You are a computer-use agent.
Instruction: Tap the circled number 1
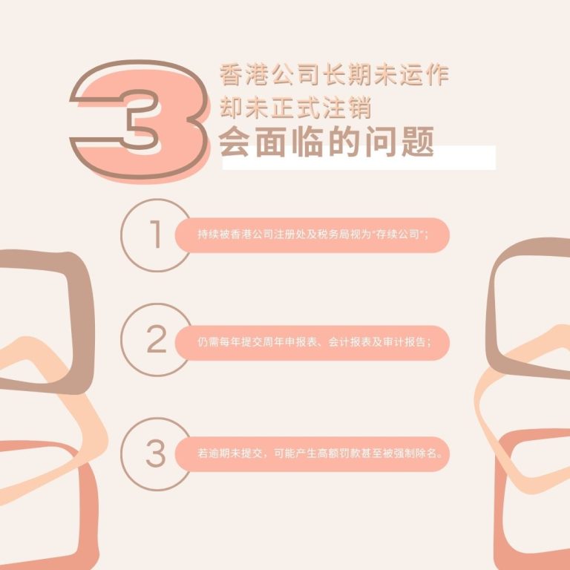[155, 235]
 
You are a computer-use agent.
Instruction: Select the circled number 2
[156, 340]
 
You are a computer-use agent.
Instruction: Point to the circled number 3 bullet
[156, 453]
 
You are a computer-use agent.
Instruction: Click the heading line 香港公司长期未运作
[334, 75]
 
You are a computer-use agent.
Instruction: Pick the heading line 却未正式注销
[295, 108]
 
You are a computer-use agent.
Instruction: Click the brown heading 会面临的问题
[326, 142]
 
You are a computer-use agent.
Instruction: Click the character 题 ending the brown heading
[420, 142]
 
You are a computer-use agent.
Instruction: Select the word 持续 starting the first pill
[206, 235]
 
